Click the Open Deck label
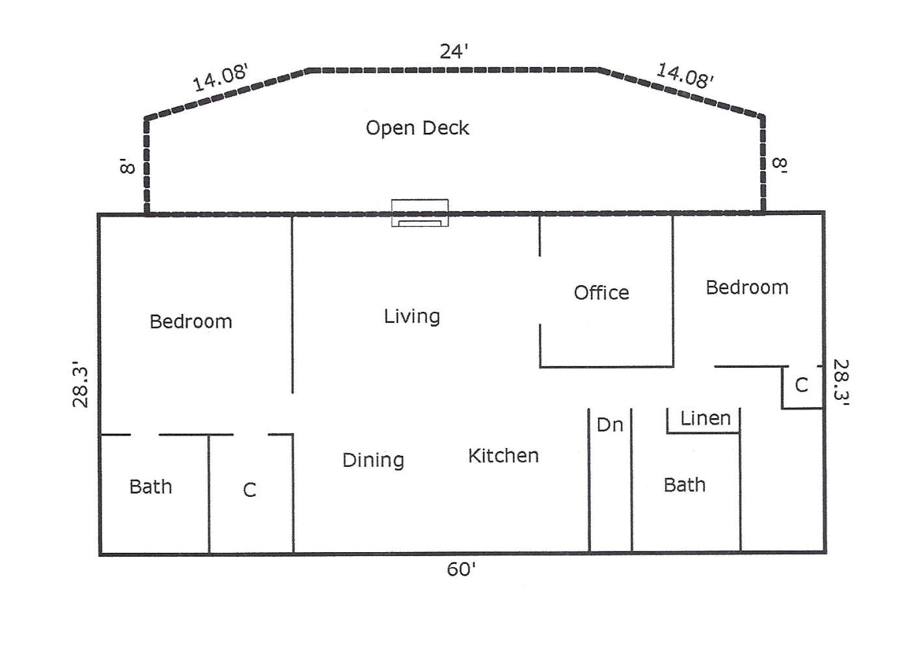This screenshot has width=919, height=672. click(x=417, y=128)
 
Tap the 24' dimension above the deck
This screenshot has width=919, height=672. click(x=454, y=51)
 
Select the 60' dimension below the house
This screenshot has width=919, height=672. click(x=461, y=569)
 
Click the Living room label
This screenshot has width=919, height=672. click(x=412, y=316)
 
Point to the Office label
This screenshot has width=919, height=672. click(x=601, y=292)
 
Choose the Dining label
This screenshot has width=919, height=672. click(x=374, y=460)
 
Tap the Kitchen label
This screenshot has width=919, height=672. click(x=503, y=456)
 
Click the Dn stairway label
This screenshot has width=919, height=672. click(x=610, y=425)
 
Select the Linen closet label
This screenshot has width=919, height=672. click(x=706, y=418)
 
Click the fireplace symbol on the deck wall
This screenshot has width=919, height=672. click(x=420, y=213)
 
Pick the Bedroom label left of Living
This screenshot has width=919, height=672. click(x=191, y=322)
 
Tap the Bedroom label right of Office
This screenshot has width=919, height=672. click(x=747, y=287)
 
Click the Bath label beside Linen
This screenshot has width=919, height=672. click(x=685, y=485)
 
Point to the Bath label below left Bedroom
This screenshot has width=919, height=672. click(x=150, y=487)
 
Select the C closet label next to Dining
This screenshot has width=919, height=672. click(x=249, y=490)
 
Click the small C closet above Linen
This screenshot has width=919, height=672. click(x=801, y=385)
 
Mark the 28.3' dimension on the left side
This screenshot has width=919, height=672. click(x=81, y=384)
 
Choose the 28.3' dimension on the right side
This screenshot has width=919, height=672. click(x=842, y=383)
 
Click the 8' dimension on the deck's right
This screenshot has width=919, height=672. click(x=780, y=166)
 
